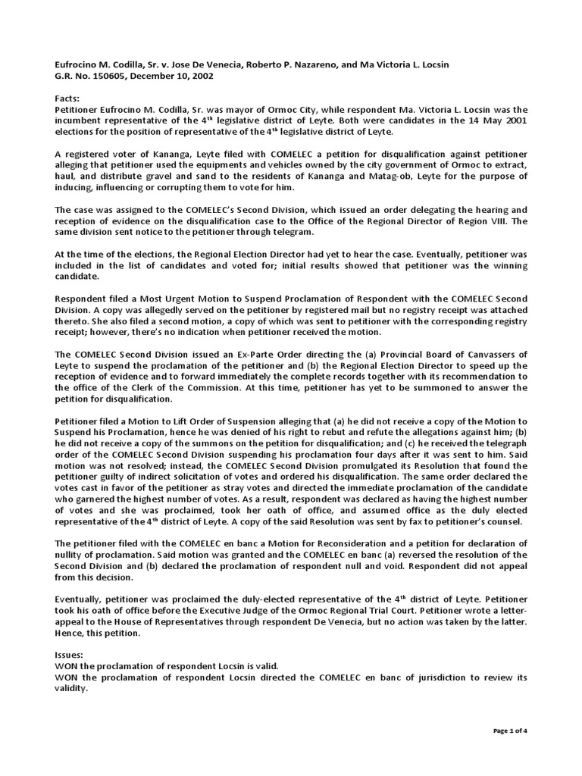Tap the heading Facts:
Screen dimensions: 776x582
(x=68, y=99)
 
